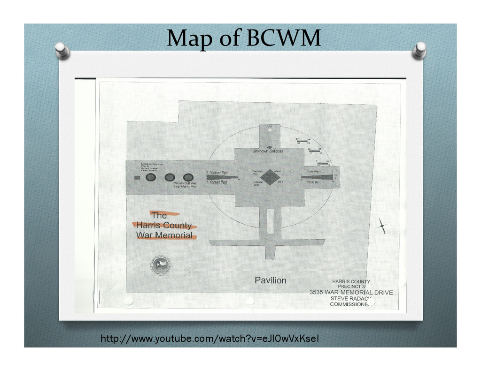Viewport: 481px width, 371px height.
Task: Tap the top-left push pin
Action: point(62,50)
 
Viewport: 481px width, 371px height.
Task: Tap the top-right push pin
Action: point(419,50)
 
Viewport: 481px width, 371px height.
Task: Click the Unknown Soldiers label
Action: point(268,151)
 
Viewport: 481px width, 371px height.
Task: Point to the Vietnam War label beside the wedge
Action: point(218,173)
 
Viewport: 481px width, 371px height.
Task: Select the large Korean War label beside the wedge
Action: point(218,182)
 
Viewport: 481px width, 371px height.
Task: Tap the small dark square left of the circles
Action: point(137,178)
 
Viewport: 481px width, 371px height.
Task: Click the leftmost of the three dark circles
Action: point(151,177)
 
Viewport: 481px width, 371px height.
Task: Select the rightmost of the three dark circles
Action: point(188,177)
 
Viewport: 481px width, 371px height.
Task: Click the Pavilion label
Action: point(270,280)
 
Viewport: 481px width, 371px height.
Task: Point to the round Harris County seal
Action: point(161,265)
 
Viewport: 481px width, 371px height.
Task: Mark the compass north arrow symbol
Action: point(382,226)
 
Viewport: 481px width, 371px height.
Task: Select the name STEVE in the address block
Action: point(340,298)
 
